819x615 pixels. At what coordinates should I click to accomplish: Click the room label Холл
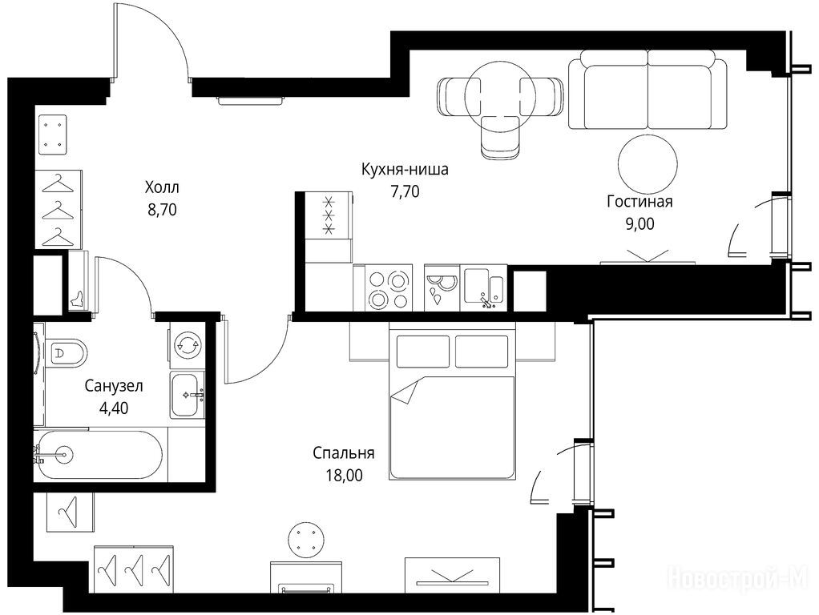tap(162, 187)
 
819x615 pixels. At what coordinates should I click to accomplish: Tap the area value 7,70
tap(405, 192)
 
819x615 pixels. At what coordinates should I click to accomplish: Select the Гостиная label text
tap(639, 202)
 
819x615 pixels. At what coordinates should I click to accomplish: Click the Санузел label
tap(113, 386)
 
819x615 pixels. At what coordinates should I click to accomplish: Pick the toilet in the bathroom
tap(66, 352)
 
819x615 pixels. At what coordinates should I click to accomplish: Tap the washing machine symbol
tap(187, 344)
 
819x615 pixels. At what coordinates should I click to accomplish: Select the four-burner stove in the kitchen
tap(383, 288)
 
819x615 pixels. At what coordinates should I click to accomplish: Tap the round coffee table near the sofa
tap(648, 164)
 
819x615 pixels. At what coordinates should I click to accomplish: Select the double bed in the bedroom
tap(452, 401)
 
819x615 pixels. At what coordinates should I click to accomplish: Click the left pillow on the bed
tap(423, 352)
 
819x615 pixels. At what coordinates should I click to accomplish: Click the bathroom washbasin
tap(187, 396)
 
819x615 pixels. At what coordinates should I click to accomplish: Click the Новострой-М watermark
tap(739, 578)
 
